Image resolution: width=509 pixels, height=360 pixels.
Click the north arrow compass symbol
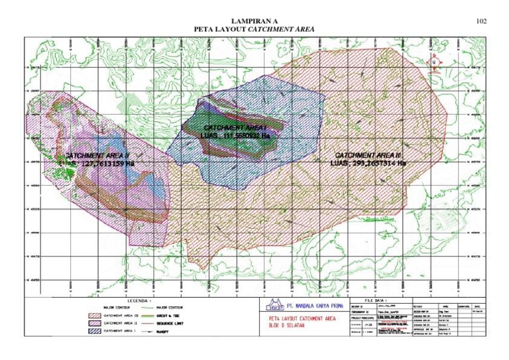click(x=434, y=62)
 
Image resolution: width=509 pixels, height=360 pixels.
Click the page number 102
click(x=482, y=21)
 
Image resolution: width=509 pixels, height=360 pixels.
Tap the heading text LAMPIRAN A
click(x=254, y=21)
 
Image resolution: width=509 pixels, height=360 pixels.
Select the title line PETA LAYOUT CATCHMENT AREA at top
click(x=254, y=30)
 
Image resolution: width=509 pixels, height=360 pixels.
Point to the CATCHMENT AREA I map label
click(x=235, y=127)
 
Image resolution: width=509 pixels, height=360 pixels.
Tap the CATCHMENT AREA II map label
click(x=96, y=155)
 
